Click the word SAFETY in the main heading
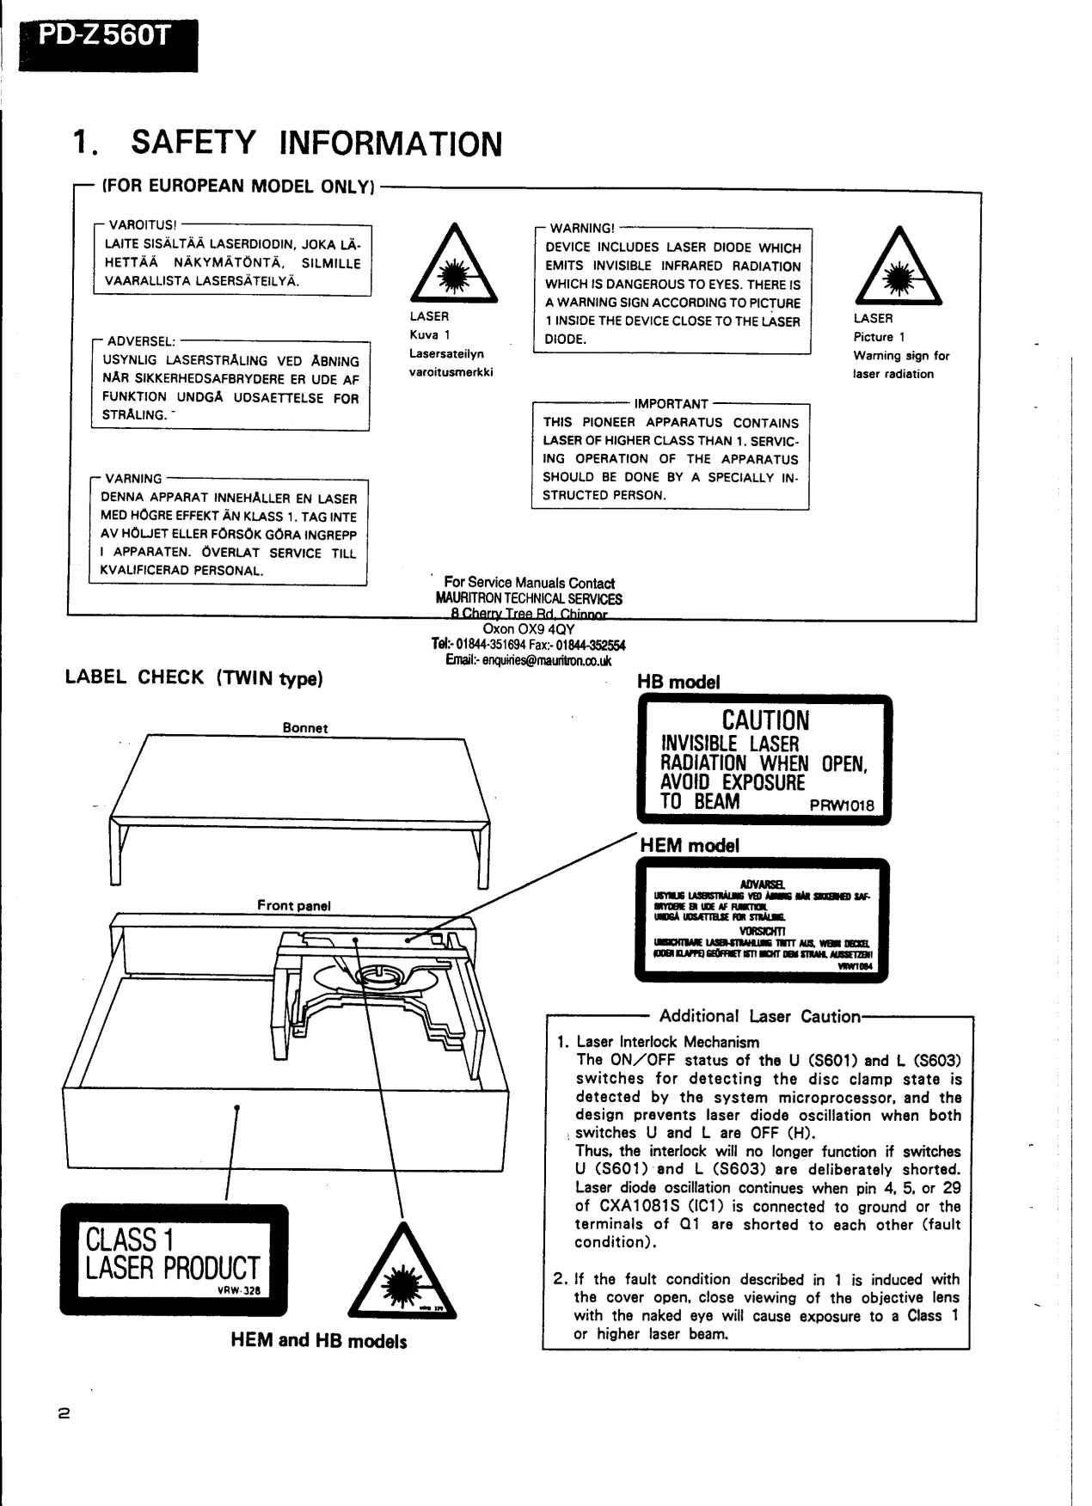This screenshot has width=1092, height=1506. pos(193,142)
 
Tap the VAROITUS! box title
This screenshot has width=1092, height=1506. pos(142,225)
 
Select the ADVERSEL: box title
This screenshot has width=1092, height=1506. pos(141,341)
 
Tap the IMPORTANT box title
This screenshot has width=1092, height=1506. pos(671,403)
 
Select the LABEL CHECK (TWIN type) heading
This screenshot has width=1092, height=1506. pos(193,677)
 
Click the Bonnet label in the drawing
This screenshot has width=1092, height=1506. pos(304,727)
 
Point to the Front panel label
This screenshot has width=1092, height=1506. pos(293,905)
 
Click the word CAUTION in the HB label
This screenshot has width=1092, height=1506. pos(764,720)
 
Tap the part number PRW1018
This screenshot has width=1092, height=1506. pos(841,805)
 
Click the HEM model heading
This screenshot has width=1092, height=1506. pos(689,845)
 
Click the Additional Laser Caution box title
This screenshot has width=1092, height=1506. pos(759,1016)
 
